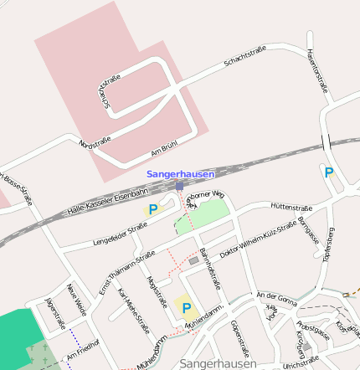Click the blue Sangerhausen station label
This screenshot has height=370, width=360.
(181, 174)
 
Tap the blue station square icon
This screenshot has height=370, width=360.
(179, 185)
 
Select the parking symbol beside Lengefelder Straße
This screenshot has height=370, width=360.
(152, 210)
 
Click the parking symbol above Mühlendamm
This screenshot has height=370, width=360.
(186, 307)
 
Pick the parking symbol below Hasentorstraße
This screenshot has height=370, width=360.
(329, 172)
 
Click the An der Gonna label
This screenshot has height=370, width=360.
(277, 296)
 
